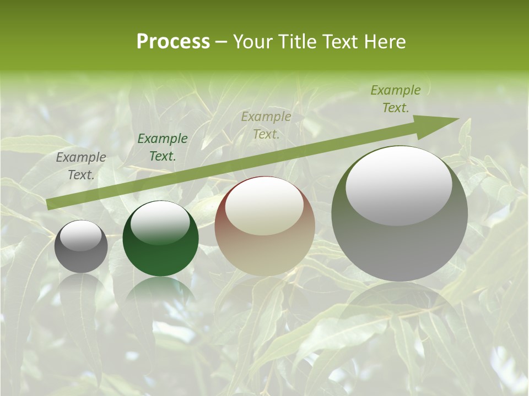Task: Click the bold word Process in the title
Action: [173, 41]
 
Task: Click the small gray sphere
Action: [81, 246]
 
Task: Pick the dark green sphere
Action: [160, 239]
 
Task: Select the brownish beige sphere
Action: [264, 227]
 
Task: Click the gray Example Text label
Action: [81, 166]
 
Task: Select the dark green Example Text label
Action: [162, 147]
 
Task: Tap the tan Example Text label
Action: [266, 125]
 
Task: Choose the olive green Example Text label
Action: [395, 99]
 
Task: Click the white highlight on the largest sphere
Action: [398, 186]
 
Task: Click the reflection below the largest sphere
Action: [400, 313]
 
